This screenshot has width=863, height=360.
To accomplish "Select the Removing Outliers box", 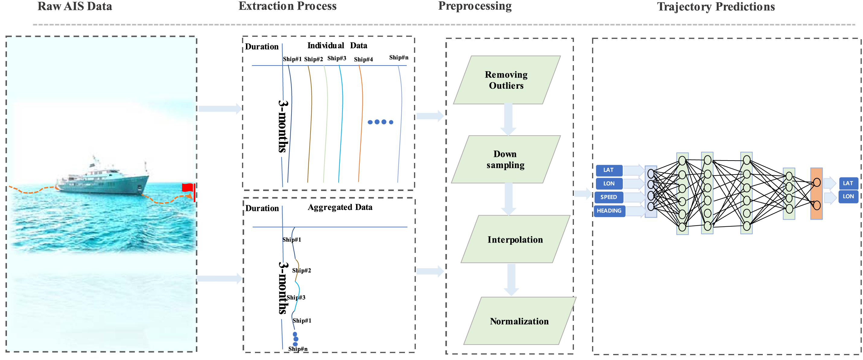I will coord(506,80).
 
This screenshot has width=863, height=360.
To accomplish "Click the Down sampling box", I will coord(505,159).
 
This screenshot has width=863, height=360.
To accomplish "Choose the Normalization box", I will coord(519,321).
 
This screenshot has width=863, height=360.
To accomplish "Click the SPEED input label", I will coord(608,197).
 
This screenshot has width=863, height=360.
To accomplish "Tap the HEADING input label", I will coord(609,211).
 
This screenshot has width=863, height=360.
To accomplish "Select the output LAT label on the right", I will coord(848,183).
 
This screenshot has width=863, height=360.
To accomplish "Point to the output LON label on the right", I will coord(848,196).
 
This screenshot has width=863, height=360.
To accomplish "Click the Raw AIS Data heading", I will coord(75,6).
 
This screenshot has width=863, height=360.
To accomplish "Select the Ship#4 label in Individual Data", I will coord(363,59).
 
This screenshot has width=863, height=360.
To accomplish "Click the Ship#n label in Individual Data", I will coord(399,58).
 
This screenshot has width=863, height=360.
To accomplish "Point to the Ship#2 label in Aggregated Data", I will coord(301,270).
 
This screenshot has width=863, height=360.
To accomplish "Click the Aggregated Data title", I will coord(340,207).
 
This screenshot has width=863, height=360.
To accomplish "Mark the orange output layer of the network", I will coord(817,193).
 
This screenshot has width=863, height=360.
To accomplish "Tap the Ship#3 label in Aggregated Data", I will coord(296,297).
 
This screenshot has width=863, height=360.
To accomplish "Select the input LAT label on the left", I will coord(608,170).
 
